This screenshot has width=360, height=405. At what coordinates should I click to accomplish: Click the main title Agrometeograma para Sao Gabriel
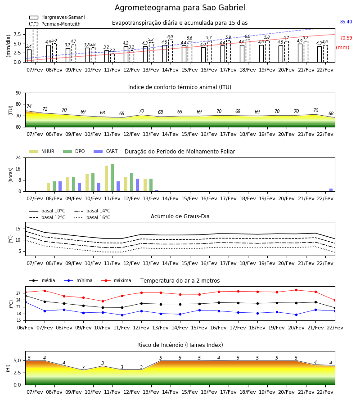(x=180, y=8)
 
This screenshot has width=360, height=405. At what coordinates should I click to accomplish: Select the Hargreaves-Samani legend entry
(x=57, y=17)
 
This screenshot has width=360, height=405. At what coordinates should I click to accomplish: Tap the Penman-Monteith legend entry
(x=55, y=24)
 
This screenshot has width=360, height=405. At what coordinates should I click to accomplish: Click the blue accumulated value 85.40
(x=346, y=22)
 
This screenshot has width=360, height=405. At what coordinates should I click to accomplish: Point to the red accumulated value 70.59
(x=346, y=38)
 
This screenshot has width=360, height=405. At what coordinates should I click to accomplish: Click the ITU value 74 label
(x=29, y=106)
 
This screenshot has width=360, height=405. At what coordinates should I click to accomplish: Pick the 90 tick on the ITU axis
(x=18, y=93)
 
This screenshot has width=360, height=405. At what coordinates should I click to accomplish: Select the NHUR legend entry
(x=42, y=151)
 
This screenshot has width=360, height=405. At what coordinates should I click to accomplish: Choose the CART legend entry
(x=106, y=151)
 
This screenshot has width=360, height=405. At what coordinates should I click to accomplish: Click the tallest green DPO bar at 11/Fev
(x=112, y=178)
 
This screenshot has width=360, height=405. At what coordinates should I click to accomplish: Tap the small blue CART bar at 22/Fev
(x=331, y=190)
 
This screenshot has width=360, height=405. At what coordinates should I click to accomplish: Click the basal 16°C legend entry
(x=92, y=217)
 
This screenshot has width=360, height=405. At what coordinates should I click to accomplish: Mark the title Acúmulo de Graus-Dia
(x=180, y=216)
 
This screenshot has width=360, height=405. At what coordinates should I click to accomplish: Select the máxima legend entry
(x=117, y=280)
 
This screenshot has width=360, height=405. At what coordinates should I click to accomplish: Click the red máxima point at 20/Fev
(x=296, y=290)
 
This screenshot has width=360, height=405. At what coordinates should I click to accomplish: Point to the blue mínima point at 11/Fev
(x=122, y=315)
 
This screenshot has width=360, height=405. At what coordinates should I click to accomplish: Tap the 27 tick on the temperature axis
(x=18, y=293)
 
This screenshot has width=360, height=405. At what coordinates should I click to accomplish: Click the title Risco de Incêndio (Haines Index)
(x=180, y=345)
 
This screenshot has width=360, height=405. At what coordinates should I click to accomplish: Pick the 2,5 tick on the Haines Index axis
(x=17, y=373)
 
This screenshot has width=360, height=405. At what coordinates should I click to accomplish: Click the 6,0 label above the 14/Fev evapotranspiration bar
(x=170, y=37)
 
